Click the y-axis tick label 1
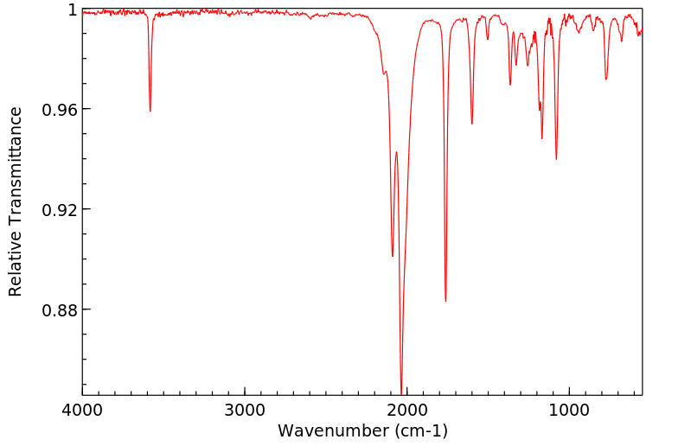(73, 10)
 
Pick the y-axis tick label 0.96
(61, 110)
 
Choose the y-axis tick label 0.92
(61, 210)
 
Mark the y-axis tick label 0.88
(61, 310)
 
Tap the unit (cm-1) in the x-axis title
(420, 430)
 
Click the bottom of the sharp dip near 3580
(150, 111)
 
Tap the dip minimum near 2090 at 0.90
(393, 256)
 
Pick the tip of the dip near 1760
(445, 301)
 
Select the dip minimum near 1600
(472, 124)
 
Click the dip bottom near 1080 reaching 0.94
(556, 159)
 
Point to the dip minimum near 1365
(510, 85)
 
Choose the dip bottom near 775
(606, 80)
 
